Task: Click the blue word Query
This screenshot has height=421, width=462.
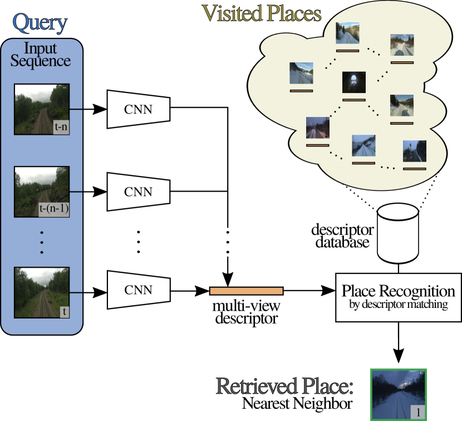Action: coord(40,23)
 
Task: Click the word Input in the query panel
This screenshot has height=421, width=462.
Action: coord(41,48)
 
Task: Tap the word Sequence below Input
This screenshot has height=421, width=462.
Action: coord(41,61)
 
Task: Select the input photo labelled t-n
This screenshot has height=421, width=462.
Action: coord(41,109)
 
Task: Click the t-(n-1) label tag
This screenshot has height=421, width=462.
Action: coord(53,209)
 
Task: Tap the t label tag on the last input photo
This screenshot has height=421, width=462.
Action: coord(65,311)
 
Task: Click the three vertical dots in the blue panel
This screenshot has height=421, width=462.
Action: coord(42,242)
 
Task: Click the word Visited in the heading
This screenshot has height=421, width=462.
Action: coord(232,13)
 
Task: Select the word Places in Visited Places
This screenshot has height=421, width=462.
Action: coord(294,13)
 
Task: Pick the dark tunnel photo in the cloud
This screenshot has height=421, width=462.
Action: coord(353,82)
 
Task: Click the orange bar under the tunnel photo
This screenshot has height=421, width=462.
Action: coord(354,100)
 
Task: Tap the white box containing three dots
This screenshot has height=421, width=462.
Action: coord(227,242)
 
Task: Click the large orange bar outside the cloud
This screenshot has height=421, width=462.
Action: coord(246,291)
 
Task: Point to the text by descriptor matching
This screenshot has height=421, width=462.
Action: coord(398,305)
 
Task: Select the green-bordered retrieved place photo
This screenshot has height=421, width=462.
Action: coord(399,394)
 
